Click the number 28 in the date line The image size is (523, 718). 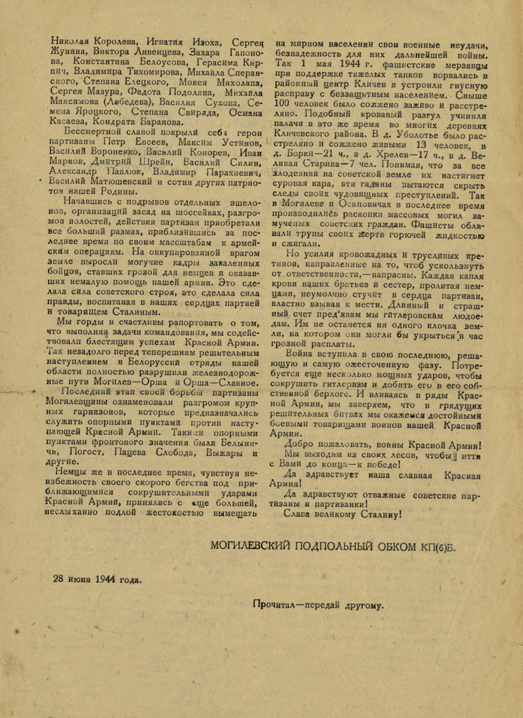(58, 580)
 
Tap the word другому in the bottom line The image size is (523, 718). (363, 606)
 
